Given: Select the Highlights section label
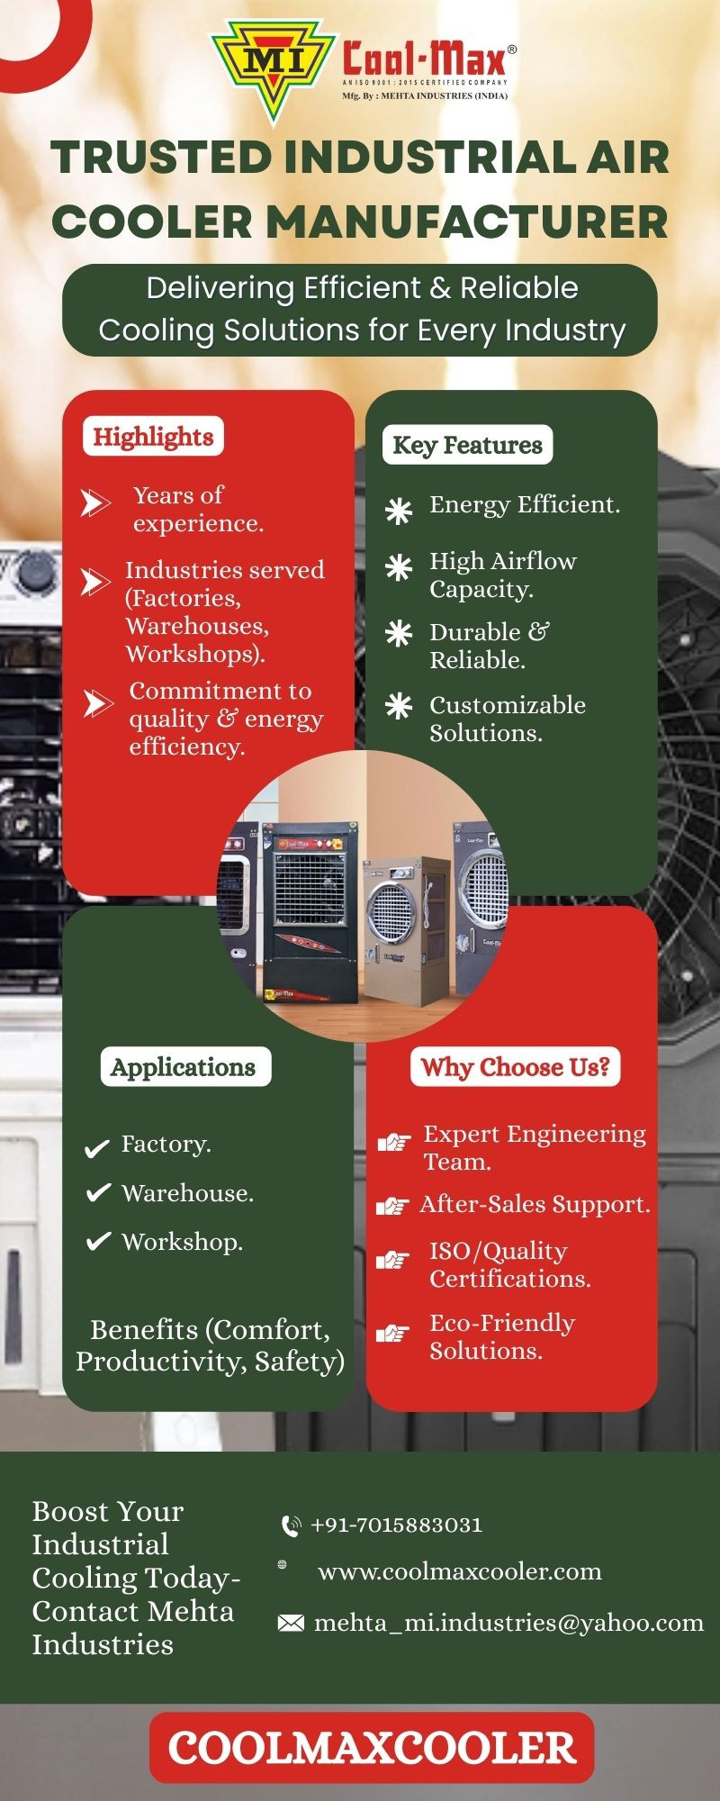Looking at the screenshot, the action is click(x=153, y=437).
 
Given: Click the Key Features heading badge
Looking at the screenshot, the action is click(x=467, y=445).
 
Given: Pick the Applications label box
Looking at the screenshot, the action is click(x=184, y=1067).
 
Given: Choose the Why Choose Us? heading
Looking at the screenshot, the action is click(x=516, y=1067).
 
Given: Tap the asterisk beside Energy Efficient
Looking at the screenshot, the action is click(x=399, y=511).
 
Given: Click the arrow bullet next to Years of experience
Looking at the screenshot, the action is click(x=95, y=502).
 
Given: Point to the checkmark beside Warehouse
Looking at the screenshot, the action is click(x=97, y=1193).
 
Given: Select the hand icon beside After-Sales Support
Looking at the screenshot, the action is click(x=392, y=1206).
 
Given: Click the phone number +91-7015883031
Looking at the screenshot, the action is click(x=396, y=1525).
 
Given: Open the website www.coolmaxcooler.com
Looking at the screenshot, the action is click(x=459, y=1571).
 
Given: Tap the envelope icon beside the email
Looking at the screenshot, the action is click(x=290, y=1623).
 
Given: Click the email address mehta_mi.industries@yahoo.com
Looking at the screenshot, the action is click(x=508, y=1623).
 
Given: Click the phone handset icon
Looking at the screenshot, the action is click(x=291, y=1525).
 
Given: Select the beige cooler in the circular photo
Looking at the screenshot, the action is click(x=405, y=919).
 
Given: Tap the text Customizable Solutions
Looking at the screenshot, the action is click(x=507, y=719).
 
